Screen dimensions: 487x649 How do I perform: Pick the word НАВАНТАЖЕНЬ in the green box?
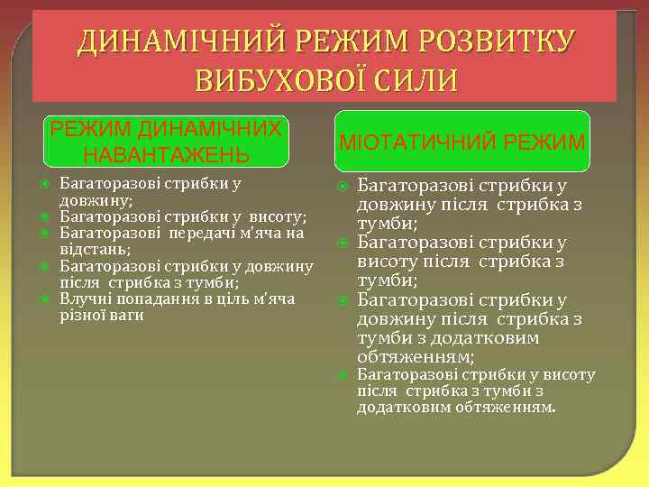coord(167,154)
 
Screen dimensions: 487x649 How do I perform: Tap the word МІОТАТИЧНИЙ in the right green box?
coord(417,142)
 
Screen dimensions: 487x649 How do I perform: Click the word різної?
coord(84,315)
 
